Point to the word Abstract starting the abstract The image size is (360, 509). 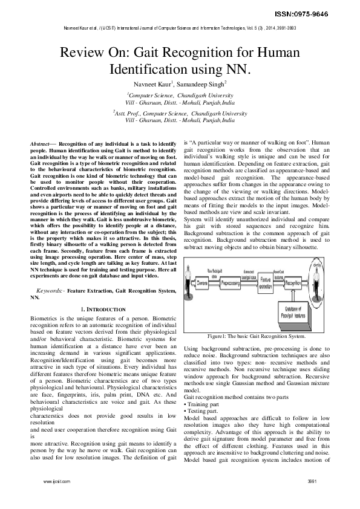(x=41, y=141)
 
